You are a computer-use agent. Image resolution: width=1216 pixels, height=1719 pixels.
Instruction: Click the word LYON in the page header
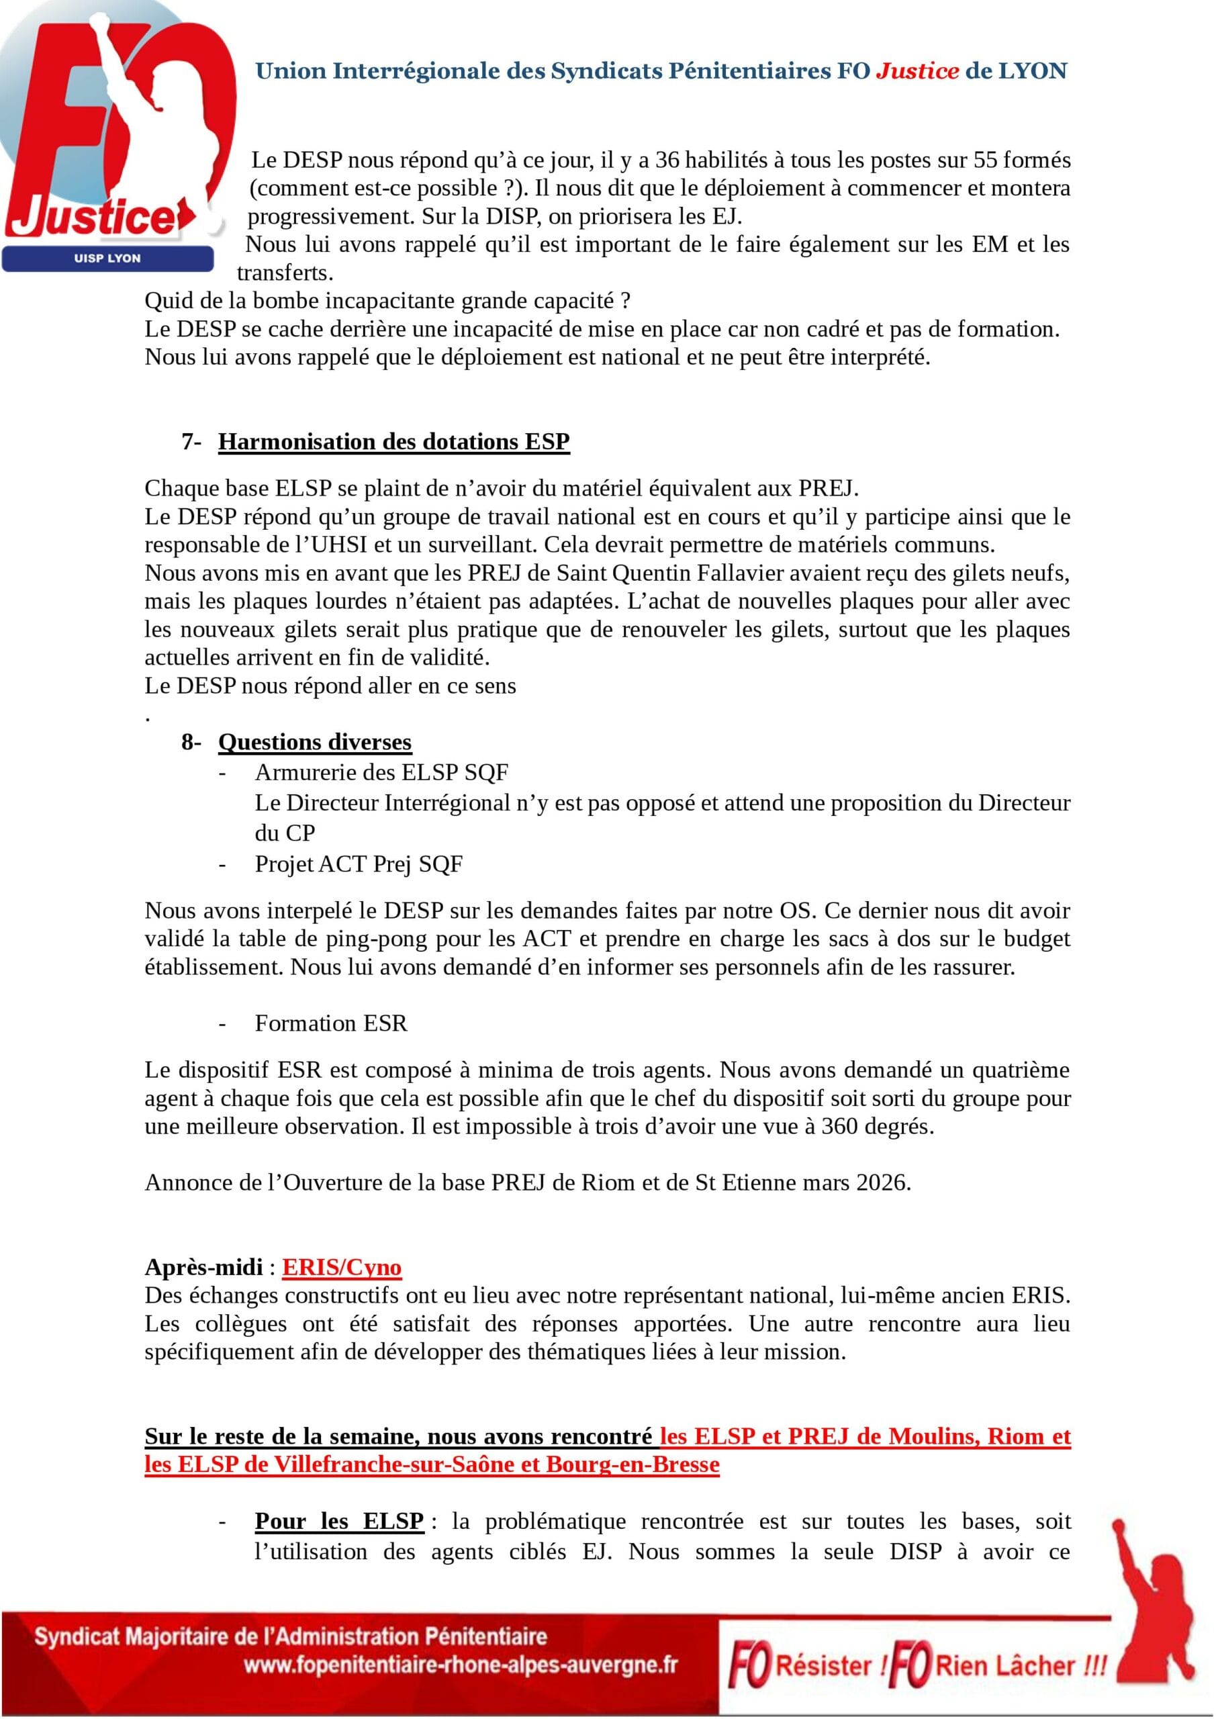coord(1033,71)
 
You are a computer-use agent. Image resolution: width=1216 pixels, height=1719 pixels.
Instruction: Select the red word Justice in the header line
coord(917,71)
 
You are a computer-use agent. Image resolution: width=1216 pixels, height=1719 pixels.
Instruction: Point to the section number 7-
coord(191,442)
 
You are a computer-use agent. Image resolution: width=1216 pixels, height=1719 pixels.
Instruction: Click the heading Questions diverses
coord(314,742)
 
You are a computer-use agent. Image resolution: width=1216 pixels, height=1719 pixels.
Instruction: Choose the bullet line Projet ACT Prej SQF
coord(359,864)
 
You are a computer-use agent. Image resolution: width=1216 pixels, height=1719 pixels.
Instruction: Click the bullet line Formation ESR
coord(331,1023)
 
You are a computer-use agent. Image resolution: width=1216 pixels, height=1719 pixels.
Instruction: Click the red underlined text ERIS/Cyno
coord(342,1268)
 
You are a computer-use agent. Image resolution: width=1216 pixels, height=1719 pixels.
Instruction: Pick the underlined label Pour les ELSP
coord(339,1522)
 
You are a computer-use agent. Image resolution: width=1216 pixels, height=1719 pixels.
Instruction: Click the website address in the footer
coord(461,1665)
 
